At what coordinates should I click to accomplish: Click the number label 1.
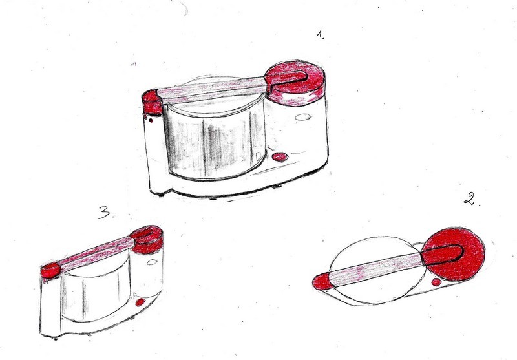point(321,35)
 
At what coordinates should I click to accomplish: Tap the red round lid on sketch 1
point(295,83)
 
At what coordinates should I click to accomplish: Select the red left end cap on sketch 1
point(151,101)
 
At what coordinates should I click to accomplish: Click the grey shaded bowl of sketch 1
point(215,138)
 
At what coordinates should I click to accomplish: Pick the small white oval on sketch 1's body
point(303,117)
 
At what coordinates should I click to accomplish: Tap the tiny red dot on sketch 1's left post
point(151,120)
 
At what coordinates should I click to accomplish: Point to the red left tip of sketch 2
point(321,282)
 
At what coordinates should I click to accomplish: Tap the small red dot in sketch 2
point(436,282)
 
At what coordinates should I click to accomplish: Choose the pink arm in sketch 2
point(376,269)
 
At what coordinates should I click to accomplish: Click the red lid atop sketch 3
point(147,239)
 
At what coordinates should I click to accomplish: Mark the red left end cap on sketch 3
point(50,271)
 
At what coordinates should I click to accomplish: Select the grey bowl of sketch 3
point(95,290)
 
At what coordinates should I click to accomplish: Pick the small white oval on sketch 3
point(152,262)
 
